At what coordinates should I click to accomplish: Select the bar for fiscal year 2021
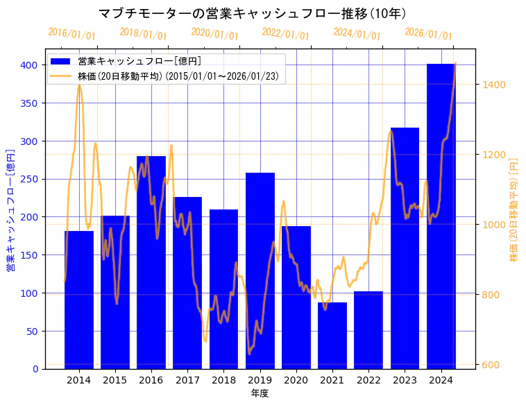tap(332, 336)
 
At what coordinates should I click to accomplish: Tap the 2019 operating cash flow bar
tap(260, 270)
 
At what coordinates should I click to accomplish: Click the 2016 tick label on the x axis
tap(151, 380)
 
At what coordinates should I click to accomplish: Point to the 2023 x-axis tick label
tap(405, 380)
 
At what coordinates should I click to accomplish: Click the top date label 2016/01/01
tap(72, 34)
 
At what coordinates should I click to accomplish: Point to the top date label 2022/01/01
tap(286, 34)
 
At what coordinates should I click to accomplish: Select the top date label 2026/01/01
tap(428, 34)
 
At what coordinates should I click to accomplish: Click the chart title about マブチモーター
tap(253, 14)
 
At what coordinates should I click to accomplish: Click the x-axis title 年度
tap(260, 393)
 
